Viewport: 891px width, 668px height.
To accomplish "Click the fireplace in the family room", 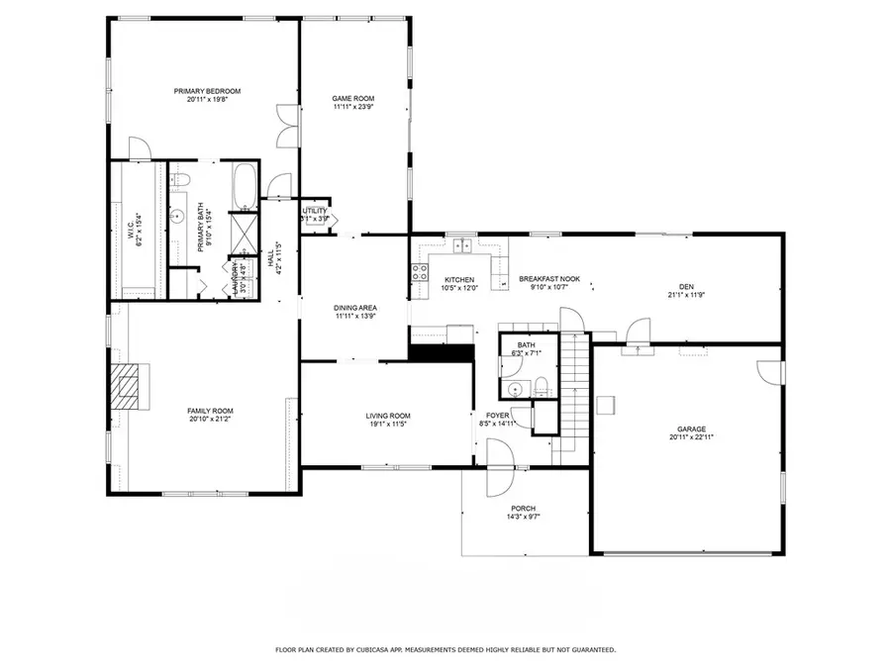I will pos(126,387).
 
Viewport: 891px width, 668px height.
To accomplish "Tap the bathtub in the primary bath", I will pos(244,186).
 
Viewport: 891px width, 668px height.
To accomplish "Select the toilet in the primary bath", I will pos(180,179).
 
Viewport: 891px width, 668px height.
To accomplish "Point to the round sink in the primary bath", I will pos(179,213).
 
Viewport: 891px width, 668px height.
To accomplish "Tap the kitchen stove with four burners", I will pos(420,267).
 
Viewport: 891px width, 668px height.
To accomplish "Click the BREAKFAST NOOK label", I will pos(549,279).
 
